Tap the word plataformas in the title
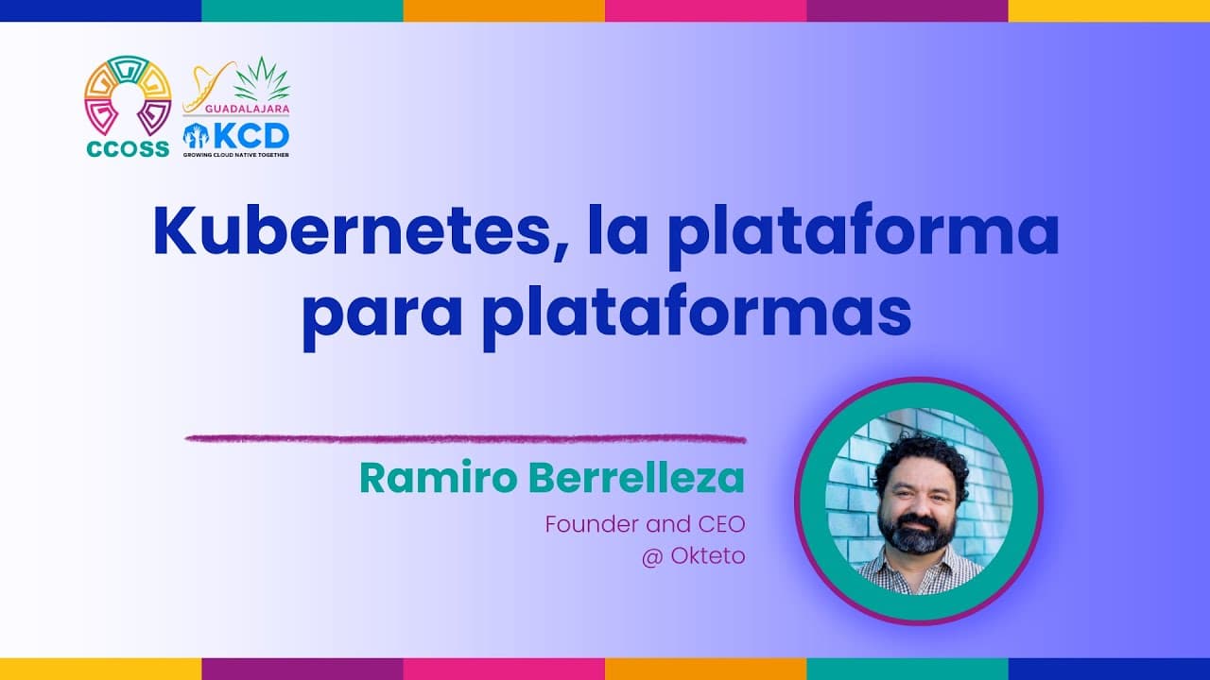pyautogui.click(x=696, y=314)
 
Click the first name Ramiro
pyautogui.click(x=438, y=478)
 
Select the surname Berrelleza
pyautogui.click(x=636, y=478)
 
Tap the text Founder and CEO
pyautogui.click(x=645, y=524)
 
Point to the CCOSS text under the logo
pyautogui.click(x=127, y=149)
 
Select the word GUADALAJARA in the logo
pyautogui.click(x=236, y=110)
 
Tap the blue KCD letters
pyautogui.click(x=251, y=134)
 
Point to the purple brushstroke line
pyautogui.click(x=465, y=438)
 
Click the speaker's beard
pyautogui.click(x=916, y=534)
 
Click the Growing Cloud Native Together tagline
pyautogui.click(x=235, y=154)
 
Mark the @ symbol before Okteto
pyautogui.click(x=651, y=557)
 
